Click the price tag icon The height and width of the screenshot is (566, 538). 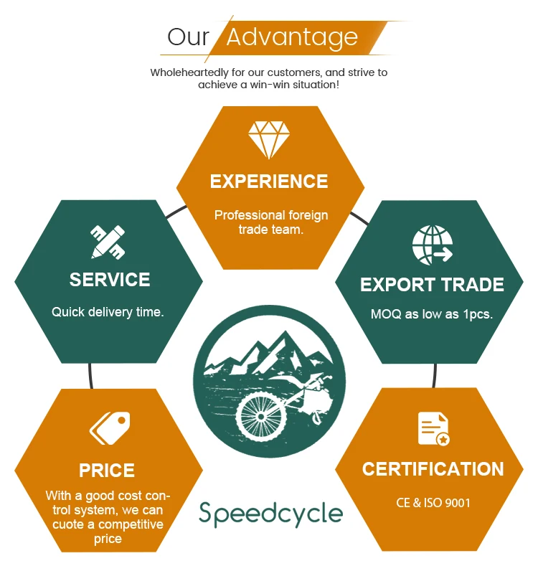point(109,428)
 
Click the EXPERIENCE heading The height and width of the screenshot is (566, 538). point(269,181)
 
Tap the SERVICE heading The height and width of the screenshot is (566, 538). point(110,280)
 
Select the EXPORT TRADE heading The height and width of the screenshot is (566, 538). point(432,285)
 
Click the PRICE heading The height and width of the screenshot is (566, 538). point(107,471)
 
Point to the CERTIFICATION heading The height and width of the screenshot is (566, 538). point(433,469)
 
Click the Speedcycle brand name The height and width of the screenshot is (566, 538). point(270,514)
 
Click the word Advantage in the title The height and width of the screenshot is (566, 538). point(292,37)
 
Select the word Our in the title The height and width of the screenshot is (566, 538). point(188,37)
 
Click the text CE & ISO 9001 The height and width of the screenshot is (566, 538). point(433,503)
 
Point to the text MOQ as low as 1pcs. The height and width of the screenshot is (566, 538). point(432,314)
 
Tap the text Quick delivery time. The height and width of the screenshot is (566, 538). point(108,312)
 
